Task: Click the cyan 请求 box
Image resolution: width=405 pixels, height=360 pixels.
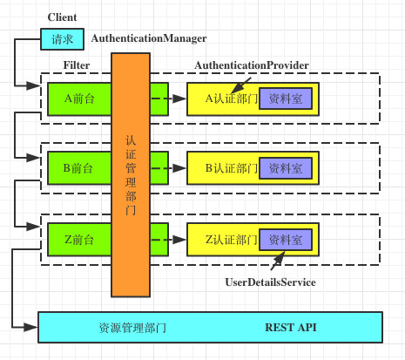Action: coord(62,39)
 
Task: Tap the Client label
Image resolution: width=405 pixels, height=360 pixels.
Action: coord(62,17)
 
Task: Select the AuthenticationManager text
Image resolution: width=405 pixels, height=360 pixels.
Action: coord(149,38)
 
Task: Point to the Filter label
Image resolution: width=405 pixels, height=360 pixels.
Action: coord(77,65)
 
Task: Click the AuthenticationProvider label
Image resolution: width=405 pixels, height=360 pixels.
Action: coord(252,65)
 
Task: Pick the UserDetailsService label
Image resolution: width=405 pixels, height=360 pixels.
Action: coord(270,282)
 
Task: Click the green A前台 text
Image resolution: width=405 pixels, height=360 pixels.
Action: coord(79,98)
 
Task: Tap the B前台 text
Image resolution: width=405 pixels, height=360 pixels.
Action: coord(78,168)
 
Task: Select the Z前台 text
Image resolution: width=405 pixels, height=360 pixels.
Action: coord(79,240)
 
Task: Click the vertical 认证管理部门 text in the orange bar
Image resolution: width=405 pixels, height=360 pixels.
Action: coord(131,175)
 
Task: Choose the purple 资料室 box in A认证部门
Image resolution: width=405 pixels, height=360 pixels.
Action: coord(286,98)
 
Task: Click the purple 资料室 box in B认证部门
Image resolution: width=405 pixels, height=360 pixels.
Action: coord(286,168)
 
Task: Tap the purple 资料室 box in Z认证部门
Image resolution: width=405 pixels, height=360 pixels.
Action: coord(286,240)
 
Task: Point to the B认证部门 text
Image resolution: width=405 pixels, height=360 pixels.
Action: coord(232,168)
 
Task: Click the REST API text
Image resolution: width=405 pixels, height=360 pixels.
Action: coord(291,328)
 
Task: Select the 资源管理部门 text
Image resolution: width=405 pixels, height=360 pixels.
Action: coord(132,328)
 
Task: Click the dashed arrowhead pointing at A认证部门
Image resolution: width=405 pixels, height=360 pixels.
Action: coord(179,98)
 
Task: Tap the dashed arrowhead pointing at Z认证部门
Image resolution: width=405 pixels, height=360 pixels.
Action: coord(179,240)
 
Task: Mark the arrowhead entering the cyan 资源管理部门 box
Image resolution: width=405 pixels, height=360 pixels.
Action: coord(31,328)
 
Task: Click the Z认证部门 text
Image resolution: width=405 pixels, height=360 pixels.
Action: coord(232,240)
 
